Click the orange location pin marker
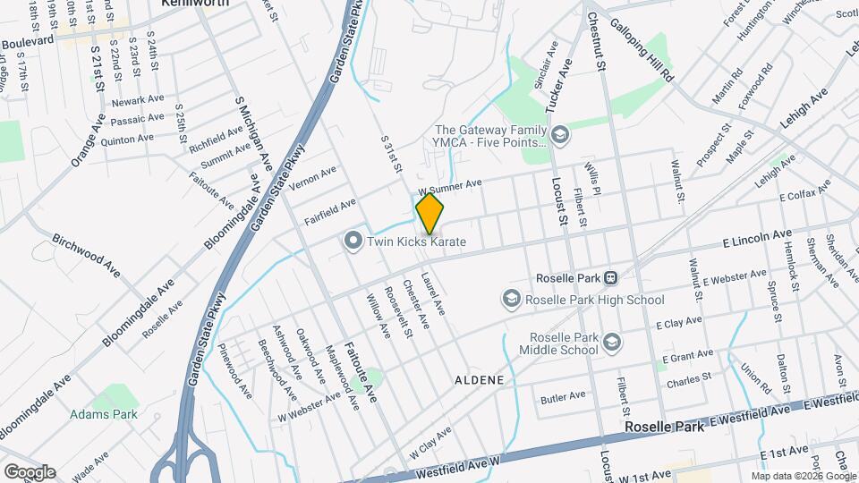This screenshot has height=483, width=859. (430, 214)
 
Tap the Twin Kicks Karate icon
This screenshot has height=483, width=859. (353, 241)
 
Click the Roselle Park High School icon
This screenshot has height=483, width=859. (512, 299)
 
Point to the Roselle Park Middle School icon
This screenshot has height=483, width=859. (612, 342)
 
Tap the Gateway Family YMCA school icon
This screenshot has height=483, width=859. (560, 136)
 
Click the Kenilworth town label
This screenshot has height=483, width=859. (194, 4)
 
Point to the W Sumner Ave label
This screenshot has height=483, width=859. (451, 188)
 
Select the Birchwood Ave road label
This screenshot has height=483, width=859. (86, 258)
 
